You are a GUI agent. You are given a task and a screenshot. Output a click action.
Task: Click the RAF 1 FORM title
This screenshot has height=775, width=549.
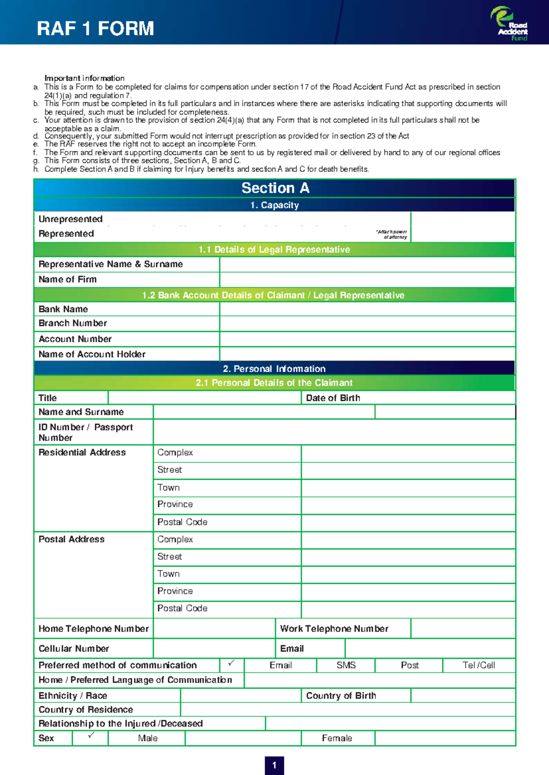click(x=95, y=28)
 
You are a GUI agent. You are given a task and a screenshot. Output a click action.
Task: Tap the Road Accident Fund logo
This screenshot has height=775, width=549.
click(x=510, y=24)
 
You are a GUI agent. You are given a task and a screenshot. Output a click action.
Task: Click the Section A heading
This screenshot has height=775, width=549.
click(x=275, y=188)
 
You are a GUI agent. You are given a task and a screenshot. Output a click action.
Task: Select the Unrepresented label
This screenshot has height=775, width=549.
click(x=70, y=219)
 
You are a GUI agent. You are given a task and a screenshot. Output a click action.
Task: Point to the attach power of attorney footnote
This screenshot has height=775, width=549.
click(x=392, y=234)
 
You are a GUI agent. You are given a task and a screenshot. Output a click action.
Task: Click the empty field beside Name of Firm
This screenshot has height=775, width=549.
click(x=367, y=280)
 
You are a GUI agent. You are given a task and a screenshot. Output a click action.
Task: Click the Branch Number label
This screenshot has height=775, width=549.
click(x=73, y=323)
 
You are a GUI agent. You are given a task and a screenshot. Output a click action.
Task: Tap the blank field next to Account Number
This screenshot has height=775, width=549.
click(x=367, y=339)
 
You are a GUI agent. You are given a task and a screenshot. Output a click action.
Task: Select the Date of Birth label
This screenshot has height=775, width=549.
click(x=333, y=398)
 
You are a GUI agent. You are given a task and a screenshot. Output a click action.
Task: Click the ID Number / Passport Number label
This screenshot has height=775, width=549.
click(x=86, y=432)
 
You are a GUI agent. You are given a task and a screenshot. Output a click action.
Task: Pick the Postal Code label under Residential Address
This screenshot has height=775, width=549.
click(x=182, y=522)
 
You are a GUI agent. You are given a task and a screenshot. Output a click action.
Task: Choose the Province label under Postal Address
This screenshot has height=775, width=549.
click(x=175, y=591)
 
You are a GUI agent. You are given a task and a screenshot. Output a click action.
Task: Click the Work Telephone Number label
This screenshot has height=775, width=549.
click(x=334, y=629)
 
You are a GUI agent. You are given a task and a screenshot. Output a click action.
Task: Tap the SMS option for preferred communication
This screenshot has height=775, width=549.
click(x=346, y=665)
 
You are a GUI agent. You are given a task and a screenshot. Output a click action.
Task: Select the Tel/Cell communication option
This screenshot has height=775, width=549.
click(x=479, y=665)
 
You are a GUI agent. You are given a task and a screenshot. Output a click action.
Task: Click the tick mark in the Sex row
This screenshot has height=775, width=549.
click(x=91, y=735)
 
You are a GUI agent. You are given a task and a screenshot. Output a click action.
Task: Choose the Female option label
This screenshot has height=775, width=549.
click(x=337, y=738)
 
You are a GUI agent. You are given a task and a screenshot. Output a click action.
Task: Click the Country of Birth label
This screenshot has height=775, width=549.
click(x=341, y=695)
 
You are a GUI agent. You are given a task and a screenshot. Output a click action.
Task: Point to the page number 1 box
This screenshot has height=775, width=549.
click(x=274, y=765)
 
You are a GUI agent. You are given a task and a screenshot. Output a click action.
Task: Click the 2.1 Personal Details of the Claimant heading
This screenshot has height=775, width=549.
click(x=274, y=383)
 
